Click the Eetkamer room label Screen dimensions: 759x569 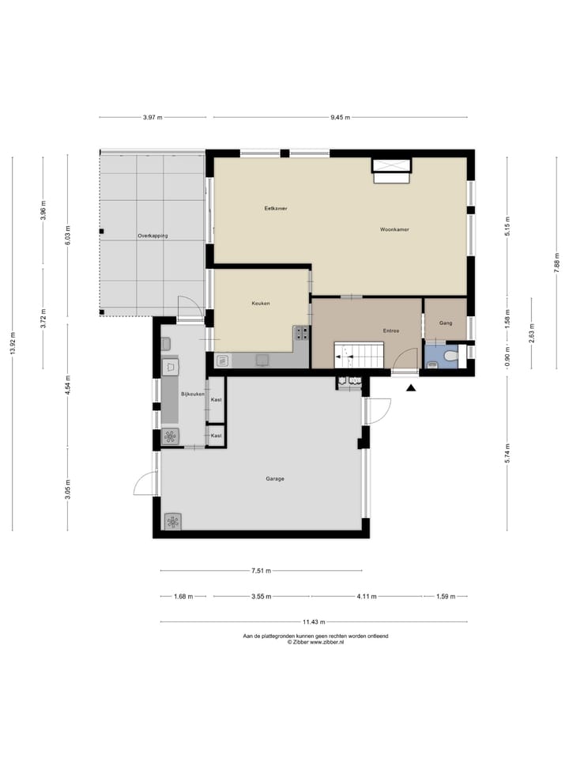point(276,208)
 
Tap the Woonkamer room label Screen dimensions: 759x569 point(394,229)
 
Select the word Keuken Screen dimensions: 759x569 point(262,304)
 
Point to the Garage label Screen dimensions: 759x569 point(275,478)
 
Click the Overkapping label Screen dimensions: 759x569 point(153,236)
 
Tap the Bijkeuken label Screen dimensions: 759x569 point(193,393)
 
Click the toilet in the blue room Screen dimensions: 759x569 point(450,358)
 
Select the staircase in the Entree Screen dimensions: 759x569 point(357,355)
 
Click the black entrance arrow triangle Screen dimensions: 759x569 point(411,387)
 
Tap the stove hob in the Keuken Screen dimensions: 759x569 point(301,333)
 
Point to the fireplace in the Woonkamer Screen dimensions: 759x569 point(391,169)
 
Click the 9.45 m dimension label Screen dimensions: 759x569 point(341,118)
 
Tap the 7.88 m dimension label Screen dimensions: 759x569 point(556,262)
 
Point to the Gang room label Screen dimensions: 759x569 point(446,323)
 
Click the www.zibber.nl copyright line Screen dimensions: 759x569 point(315,642)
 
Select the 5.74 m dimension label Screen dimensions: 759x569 point(507,454)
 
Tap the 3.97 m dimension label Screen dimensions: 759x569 point(153,118)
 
